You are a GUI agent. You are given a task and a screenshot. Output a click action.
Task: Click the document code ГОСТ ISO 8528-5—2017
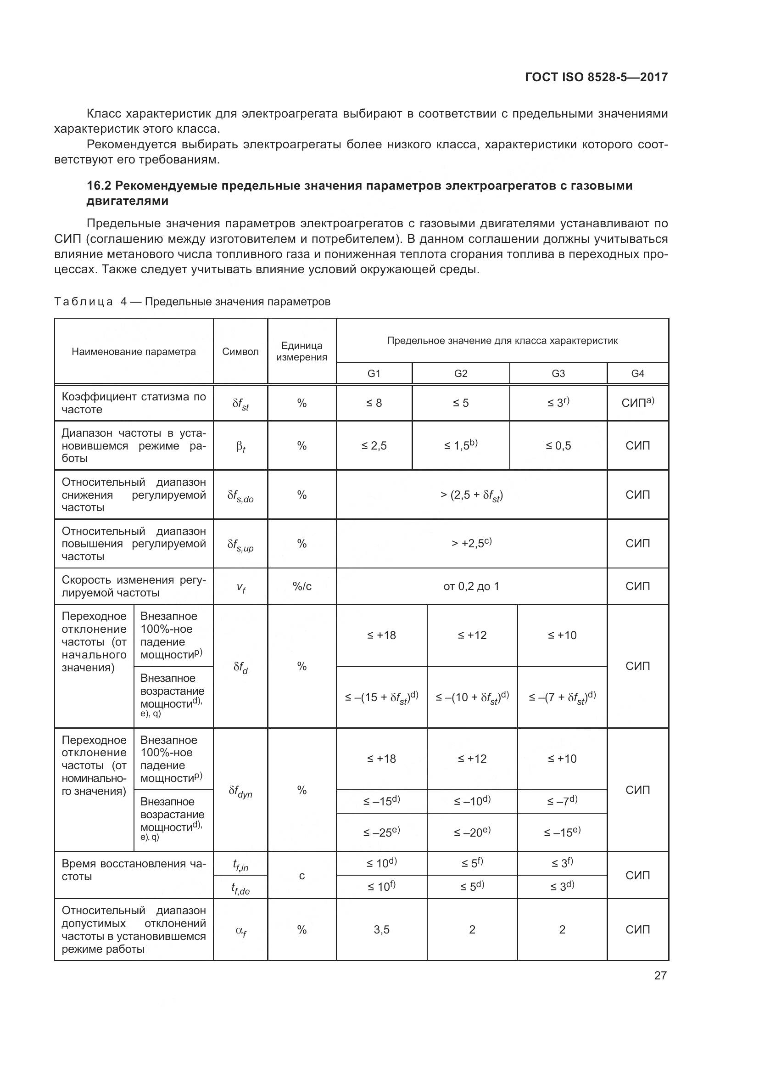[x=597, y=77]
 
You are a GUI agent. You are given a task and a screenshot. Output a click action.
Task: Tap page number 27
[x=660, y=975]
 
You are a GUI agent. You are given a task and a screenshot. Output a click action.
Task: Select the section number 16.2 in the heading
[x=99, y=186]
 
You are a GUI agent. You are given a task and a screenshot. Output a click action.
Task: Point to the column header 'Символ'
[x=240, y=352]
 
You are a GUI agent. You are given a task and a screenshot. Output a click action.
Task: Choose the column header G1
[x=374, y=373]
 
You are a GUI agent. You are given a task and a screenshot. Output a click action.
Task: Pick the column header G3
[x=558, y=373]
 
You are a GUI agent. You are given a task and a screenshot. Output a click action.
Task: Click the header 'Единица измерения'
[x=301, y=351]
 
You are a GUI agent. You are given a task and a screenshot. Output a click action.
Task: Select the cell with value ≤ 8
[x=374, y=403]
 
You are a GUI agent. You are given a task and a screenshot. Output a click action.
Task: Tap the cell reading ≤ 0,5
[x=558, y=446]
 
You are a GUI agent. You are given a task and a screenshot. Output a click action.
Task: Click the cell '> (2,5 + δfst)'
[x=471, y=495]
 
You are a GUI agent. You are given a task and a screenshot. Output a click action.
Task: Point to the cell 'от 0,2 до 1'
[x=471, y=586]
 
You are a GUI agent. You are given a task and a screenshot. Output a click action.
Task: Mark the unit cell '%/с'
[x=301, y=586]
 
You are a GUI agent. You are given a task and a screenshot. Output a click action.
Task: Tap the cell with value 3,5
[x=381, y=929]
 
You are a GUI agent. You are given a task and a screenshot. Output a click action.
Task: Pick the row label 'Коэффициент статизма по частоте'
[x=134, y=403]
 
